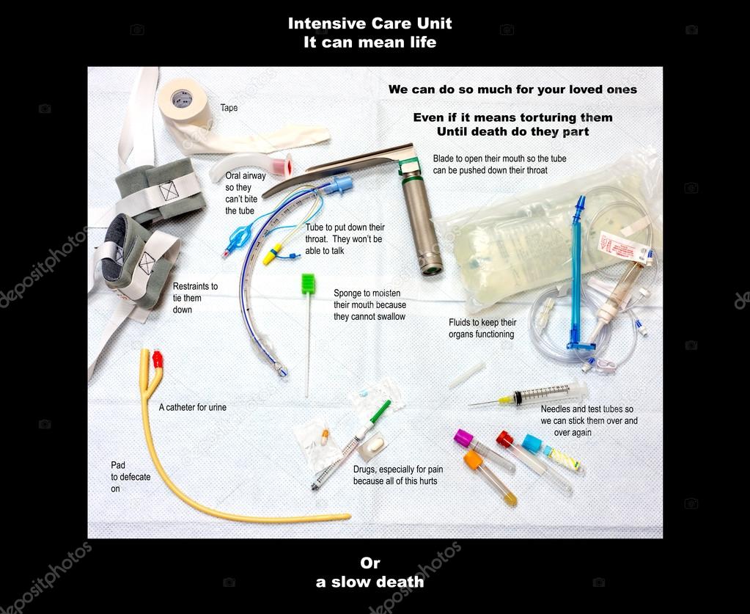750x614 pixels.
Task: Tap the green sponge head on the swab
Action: [x=308, y=283]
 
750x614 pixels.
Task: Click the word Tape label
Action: [x=229, y=108]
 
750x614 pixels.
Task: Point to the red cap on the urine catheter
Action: [x=157, y=359]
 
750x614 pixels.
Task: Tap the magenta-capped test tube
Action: [x=463, y=439]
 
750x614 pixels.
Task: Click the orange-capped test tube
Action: [x=474, y=460]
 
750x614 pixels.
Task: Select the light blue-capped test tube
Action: [x=532, y=443]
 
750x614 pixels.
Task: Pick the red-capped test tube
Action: [x=504, y=439]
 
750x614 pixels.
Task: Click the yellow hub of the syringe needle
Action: [x=505, y=400]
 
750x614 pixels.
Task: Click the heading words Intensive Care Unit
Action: [x=370, y=23]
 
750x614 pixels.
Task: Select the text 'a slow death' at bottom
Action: [x=370, y=582]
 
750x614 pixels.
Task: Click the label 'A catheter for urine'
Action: [x=193, y=407]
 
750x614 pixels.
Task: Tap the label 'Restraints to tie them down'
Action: [x=194, y=298]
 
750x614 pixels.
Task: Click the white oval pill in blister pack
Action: [x=375, y=445]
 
